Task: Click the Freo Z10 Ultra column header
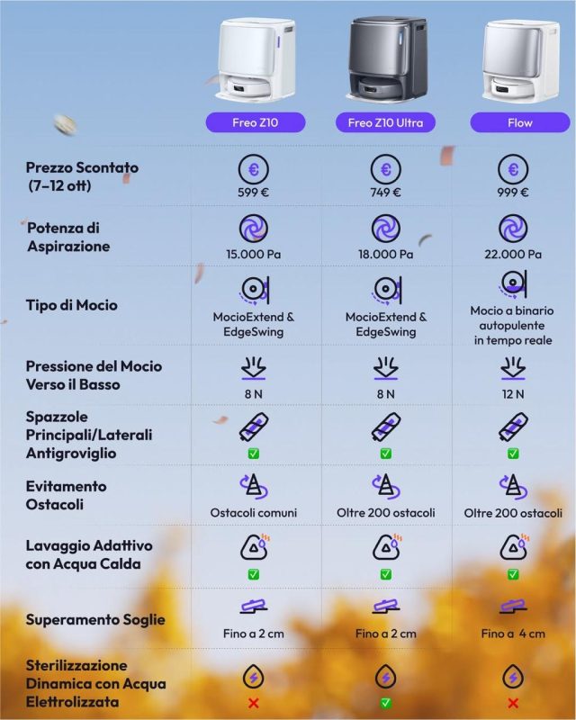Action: coord(385,121)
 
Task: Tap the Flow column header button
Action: coord(514,121)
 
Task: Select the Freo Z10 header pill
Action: coord(256,121)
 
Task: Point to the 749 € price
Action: coord(385,192)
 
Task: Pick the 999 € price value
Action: coord(513,192)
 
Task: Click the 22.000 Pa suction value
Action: coord(513,255)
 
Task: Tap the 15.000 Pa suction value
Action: coord(256,255)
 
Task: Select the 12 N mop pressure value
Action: coord(513,393)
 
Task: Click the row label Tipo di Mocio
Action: coord(72,305)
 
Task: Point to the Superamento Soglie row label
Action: coord(95,619)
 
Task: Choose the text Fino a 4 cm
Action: coord(513,634)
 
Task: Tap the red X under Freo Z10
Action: coord(256,703)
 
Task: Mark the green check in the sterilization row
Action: coord(385,703)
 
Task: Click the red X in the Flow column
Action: coord(513,703)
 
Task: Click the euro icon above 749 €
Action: coord(385,169)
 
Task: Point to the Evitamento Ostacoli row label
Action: coord(67,495)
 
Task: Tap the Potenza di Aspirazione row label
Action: coord(68,238)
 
